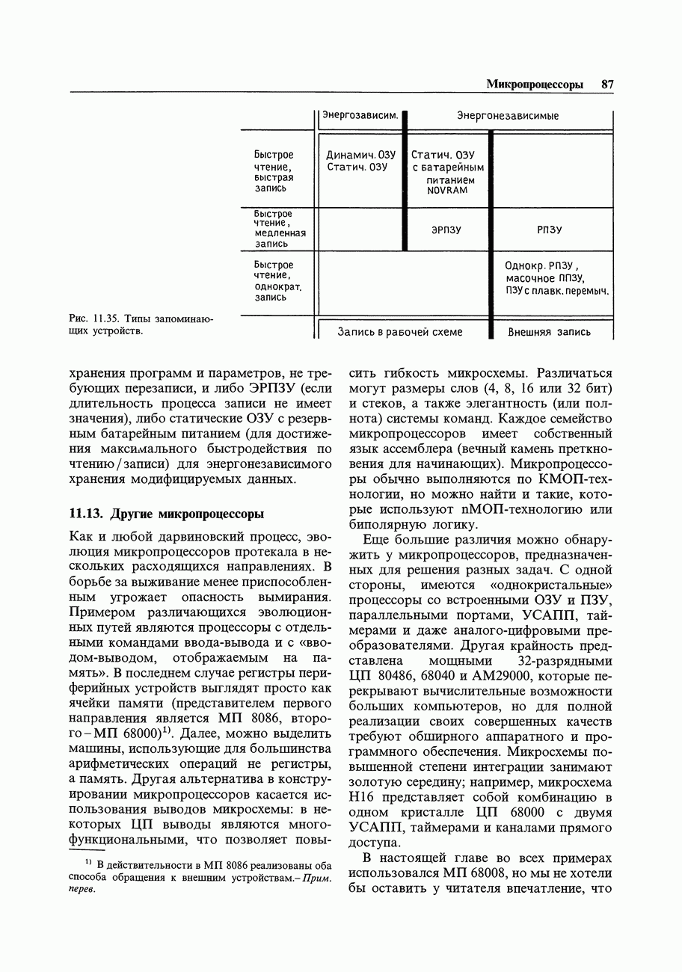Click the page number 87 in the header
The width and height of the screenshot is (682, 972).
tap(606, 85)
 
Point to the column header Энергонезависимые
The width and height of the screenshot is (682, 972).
tap(508, 116)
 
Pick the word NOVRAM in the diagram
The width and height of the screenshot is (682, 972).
tap(447, 191)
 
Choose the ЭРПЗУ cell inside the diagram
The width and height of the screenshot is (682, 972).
tap(446, 230)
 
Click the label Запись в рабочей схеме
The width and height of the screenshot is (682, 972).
tap(399, 332)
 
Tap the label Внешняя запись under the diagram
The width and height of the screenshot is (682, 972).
tap(550, 332)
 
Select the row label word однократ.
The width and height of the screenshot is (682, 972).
tap(275, 287)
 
